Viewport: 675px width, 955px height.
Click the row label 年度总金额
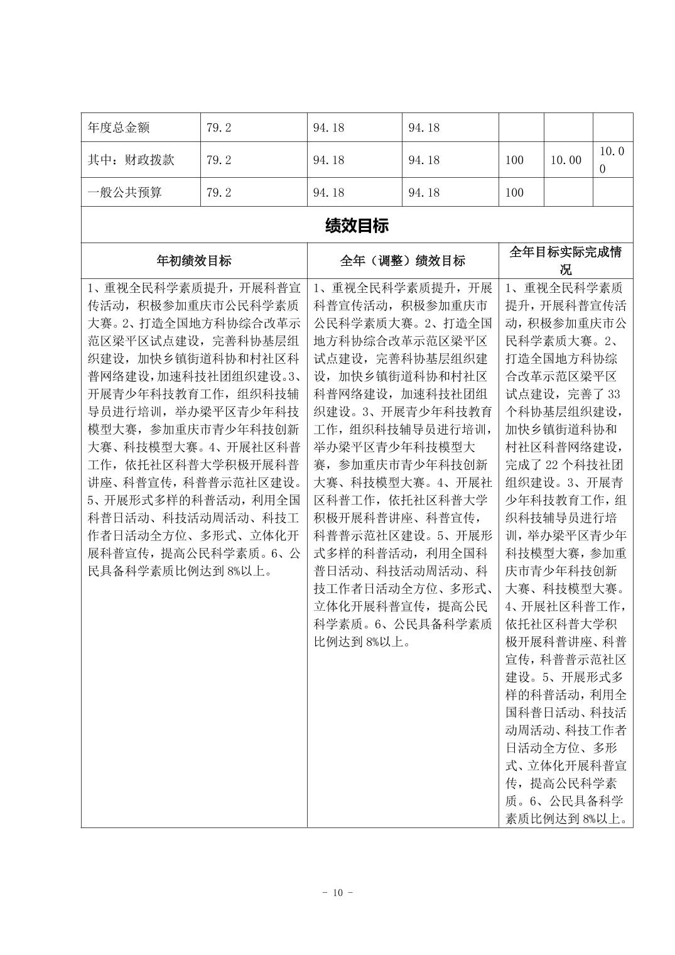119,128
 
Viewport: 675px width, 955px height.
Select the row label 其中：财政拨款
131,160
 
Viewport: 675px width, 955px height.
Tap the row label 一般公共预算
124,192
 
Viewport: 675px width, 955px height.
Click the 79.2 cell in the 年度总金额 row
219,128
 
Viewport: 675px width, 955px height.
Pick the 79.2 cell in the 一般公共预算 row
219,192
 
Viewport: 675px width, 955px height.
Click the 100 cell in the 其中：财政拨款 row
514,160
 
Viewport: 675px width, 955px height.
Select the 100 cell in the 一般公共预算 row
514,192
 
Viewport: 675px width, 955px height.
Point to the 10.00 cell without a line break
566,160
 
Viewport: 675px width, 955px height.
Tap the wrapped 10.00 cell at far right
612,160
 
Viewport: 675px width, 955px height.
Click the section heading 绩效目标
357,226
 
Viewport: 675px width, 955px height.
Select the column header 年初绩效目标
193,260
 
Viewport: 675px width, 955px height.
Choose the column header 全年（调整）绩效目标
402,260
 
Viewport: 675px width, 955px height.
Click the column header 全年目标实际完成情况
565,260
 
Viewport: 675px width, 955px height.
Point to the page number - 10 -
337,892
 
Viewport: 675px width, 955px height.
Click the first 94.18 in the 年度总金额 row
328,128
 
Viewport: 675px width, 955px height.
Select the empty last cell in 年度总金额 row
612,128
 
